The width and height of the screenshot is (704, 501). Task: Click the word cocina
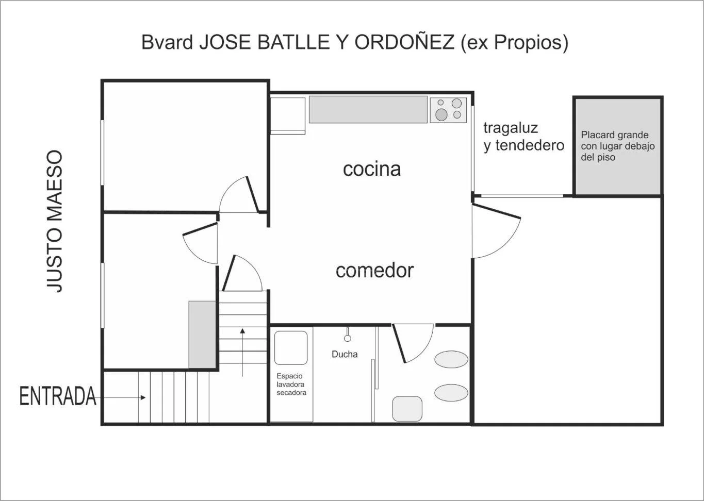point(372,169)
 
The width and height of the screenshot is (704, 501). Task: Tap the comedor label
point(374,271)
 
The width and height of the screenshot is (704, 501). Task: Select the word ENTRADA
point(58,396)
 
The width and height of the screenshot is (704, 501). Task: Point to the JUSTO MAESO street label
point(55,222)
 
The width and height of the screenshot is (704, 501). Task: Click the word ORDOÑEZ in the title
point(404,42)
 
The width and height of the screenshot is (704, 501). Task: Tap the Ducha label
point(345,354)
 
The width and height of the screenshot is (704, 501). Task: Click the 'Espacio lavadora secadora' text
point(291,384)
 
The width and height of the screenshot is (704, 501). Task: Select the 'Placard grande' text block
point(617,146)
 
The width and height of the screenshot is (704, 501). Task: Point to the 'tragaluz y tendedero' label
point(524,137)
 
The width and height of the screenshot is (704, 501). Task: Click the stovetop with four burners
point(448,110)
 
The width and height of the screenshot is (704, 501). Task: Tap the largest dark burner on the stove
point(441,114)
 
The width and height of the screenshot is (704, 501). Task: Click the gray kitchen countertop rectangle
point(368,109)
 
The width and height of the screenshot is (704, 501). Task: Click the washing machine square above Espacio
point(291,347)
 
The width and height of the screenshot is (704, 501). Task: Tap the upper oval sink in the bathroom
point(451,359)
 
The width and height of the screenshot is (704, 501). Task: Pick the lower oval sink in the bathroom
point(451,393)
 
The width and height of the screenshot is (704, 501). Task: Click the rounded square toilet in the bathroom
point(407,409)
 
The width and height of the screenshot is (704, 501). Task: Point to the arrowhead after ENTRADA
point(143,398)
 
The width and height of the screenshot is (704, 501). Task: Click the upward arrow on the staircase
point(242,353)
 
